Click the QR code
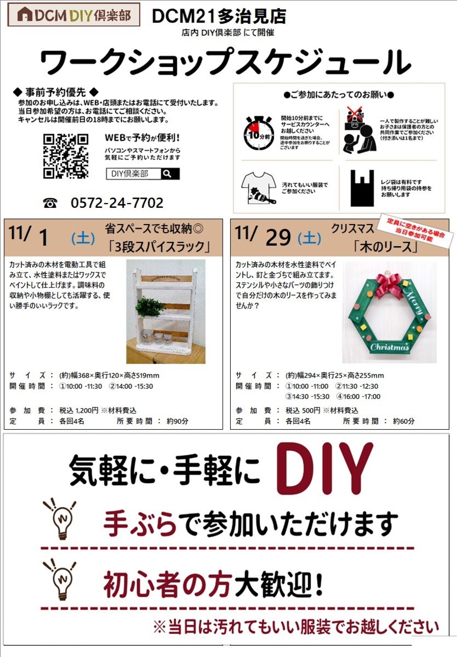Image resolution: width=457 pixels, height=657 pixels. coord(66,156)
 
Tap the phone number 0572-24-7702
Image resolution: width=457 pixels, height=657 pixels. coord(117,202)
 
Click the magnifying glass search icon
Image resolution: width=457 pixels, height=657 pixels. coord(167,173)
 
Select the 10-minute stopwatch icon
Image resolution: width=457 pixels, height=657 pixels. coord(259,133)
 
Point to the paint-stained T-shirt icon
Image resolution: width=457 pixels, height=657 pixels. coord(259,188)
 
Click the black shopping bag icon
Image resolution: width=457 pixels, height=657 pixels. coord(362,188)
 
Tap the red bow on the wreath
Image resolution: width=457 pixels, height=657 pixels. coord(389,284)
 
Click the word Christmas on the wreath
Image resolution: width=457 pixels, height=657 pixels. coord(389,347)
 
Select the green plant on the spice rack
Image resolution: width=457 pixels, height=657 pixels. coord(150,306)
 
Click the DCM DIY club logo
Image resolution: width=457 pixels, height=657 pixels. coord(74,15)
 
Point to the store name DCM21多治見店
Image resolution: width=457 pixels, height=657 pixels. coord(219,16)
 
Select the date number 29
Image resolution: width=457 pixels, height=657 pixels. coord(278,238)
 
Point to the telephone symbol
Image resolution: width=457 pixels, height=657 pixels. coord(50,203)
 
